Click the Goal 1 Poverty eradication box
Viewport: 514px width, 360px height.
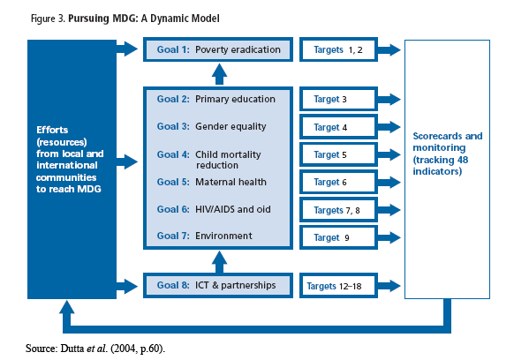point(218,49)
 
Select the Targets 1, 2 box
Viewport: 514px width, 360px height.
point(338,49)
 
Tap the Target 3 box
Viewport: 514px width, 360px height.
point(338,99)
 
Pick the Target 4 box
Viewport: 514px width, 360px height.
point(338,127)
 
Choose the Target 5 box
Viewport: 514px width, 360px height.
point(338,154)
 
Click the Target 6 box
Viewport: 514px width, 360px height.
point(338,182)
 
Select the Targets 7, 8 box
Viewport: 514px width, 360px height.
point(338,210)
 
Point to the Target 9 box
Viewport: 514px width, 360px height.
point(338,237)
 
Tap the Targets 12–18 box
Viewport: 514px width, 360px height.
point(338,286)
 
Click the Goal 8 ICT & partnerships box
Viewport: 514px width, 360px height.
point(218,286)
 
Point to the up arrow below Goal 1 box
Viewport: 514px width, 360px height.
point(219,74)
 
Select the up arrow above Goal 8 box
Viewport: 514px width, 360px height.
point(219,262)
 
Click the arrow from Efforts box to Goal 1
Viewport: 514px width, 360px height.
point(127,49)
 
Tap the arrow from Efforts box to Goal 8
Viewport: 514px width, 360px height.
point(127,286)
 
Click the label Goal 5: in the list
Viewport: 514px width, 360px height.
point(173,182)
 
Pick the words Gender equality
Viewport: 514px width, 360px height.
point(231,127)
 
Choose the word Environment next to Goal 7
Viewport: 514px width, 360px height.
point(223,236)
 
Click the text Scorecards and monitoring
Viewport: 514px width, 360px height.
point(448,142)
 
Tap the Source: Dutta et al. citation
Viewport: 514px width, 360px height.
point(95,349)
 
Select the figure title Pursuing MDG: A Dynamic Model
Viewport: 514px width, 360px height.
point(144,19)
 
